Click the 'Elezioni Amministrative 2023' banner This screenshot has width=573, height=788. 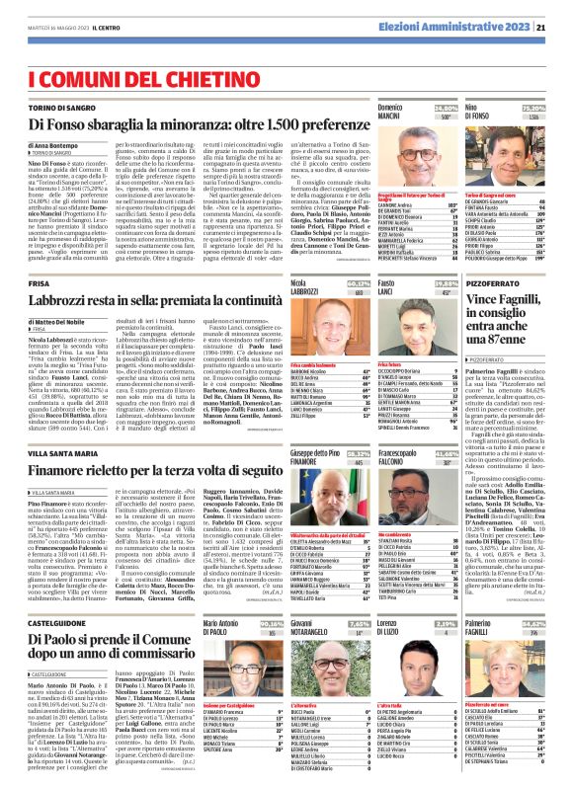click(x=465, y=11)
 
